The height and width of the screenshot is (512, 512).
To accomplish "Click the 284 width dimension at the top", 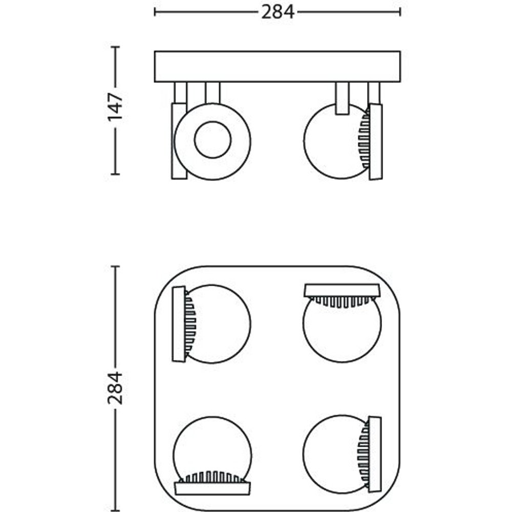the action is click(x=278, y=12).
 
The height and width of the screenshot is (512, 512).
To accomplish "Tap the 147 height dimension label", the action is click(x=115, y=107).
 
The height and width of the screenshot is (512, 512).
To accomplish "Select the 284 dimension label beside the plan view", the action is click(x=115, y=388).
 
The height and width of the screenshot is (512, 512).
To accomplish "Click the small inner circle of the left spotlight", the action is click(x=212, y=140).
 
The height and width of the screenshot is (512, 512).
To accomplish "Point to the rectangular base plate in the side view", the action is click(x=278, y=67).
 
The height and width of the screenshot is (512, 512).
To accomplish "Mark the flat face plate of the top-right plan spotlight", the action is click(x=342, y=290).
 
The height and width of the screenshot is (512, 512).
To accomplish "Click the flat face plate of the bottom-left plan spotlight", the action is click(x=212, y=488).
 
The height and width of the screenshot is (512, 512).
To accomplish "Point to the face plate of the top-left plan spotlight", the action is click(x=179, y=324).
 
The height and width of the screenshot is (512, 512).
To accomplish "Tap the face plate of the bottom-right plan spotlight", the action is click(x=375, y=454).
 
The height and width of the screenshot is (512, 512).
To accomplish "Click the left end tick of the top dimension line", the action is click(x=155, y=12).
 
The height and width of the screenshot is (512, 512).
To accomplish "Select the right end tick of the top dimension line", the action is click(x=400, y=12).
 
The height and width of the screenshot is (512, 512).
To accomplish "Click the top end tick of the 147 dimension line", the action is click(x=115, y=47).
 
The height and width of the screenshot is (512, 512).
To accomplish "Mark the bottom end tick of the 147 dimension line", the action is click(x=115, y=174).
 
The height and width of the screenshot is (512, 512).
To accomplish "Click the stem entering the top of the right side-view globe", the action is click(x=342, y=98).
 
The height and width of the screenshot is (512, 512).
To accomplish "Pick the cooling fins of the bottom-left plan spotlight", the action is click(x=212, y=476).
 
